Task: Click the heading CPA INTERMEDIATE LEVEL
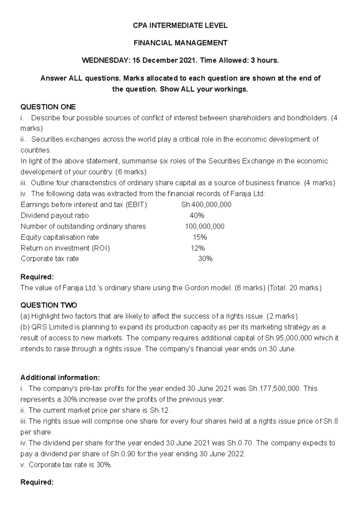pyautogui.click(x=180, y=26)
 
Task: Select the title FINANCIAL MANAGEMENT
pyautogui.click(x=180, y=43)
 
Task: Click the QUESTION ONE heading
pyautogui.click(x=48, y=107)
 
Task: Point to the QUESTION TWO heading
pyautogui.click(x=49, y=305)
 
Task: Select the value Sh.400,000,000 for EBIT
pyautogui.click(x=206, y=205)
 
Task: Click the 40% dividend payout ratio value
pyautogui.click(x=197, y=216)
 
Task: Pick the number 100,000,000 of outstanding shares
pyautogui.click(x=205, y=226)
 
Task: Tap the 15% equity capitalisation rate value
pyautogui.click(x=199, y=237)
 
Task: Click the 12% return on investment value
pyautogui.click(x=198, y=248)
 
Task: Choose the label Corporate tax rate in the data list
pyautogui.click(x=50, y=259)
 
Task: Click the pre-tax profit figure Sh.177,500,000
pyautogui.click(x=274, y=389)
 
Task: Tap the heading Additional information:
pyautogui.click(x=60, y=377)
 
